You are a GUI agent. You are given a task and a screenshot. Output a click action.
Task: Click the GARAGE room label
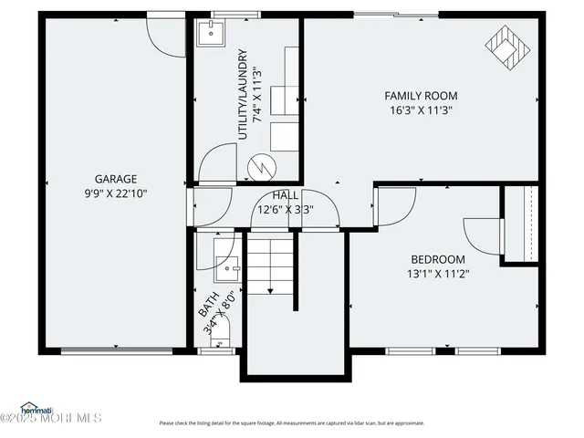(115, 179)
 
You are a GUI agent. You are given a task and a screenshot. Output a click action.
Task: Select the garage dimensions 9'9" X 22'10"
(115, 193)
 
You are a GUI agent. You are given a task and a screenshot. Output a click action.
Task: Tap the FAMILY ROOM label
(421, 96)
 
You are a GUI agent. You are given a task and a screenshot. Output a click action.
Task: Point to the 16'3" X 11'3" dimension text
(421, 109)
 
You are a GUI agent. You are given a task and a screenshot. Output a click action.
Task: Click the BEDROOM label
(437, 258)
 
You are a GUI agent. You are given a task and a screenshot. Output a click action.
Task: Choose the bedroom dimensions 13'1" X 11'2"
(437, 273)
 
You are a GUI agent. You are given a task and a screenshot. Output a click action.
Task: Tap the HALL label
(286, 195)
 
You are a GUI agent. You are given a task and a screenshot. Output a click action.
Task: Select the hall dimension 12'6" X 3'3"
(286, 209)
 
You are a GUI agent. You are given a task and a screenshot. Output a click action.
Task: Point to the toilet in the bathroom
(219, 339)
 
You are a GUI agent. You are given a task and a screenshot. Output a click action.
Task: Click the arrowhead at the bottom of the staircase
(270, 290)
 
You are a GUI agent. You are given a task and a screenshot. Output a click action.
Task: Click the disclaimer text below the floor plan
(292, 423)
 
